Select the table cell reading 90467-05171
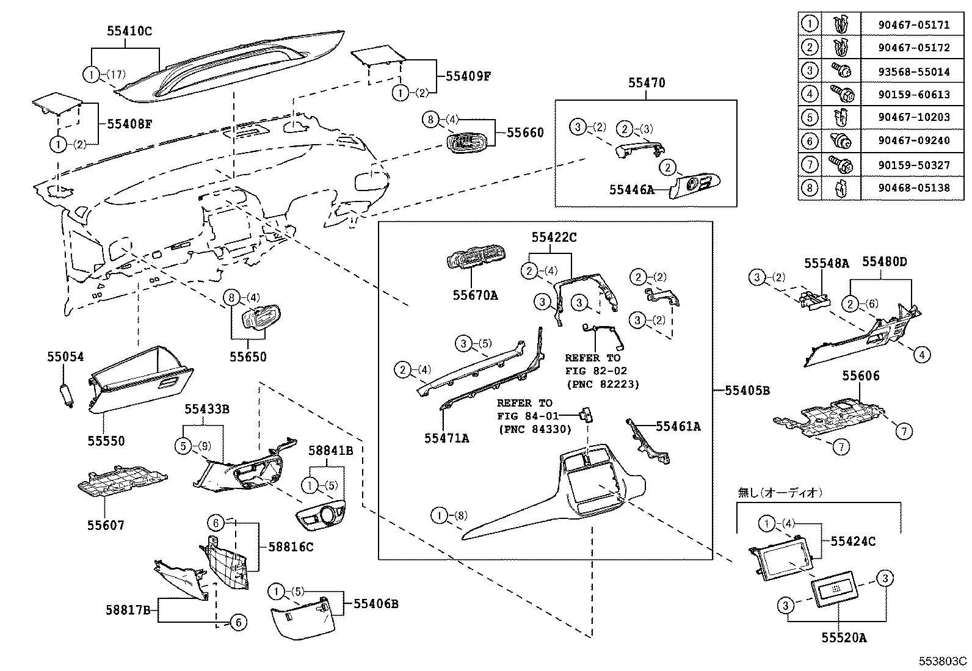tap(913, 25)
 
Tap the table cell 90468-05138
tap(913, 187)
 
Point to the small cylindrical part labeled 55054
tap(66, 394)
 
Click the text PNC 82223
tap(603, 384)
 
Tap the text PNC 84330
tap(534, 429)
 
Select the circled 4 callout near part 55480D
tap(922, 354)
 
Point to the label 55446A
tap(631, 189)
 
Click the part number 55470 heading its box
tap(647, 82)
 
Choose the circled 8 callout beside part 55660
tap(430, 120)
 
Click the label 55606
tap(860, 376)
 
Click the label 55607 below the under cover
tap(105, 524)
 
